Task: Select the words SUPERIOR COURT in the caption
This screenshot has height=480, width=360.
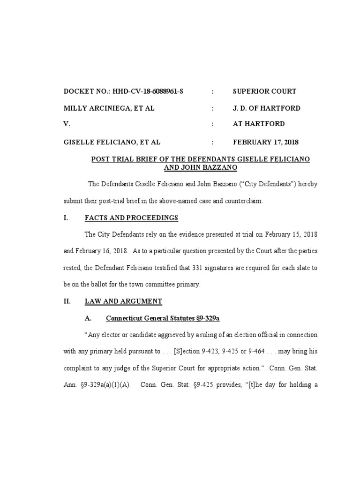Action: click(x=264, y=91)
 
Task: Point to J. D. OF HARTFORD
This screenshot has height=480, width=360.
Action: click(x=266, y=108)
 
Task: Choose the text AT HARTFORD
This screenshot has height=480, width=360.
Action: click(x=258, y=124)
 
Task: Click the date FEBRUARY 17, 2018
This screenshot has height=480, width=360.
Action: click(x=265, y=142)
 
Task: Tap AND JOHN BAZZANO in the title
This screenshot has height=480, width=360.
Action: click(x=201, y=167)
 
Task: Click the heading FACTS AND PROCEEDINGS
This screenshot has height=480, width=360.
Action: click(x=131, y=218)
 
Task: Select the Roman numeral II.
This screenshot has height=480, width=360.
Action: click(x=67, y=301)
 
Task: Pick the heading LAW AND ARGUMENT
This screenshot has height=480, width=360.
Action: click(x=123, y=301)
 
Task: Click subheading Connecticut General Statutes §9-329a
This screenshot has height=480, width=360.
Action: click(x=163, y=319)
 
